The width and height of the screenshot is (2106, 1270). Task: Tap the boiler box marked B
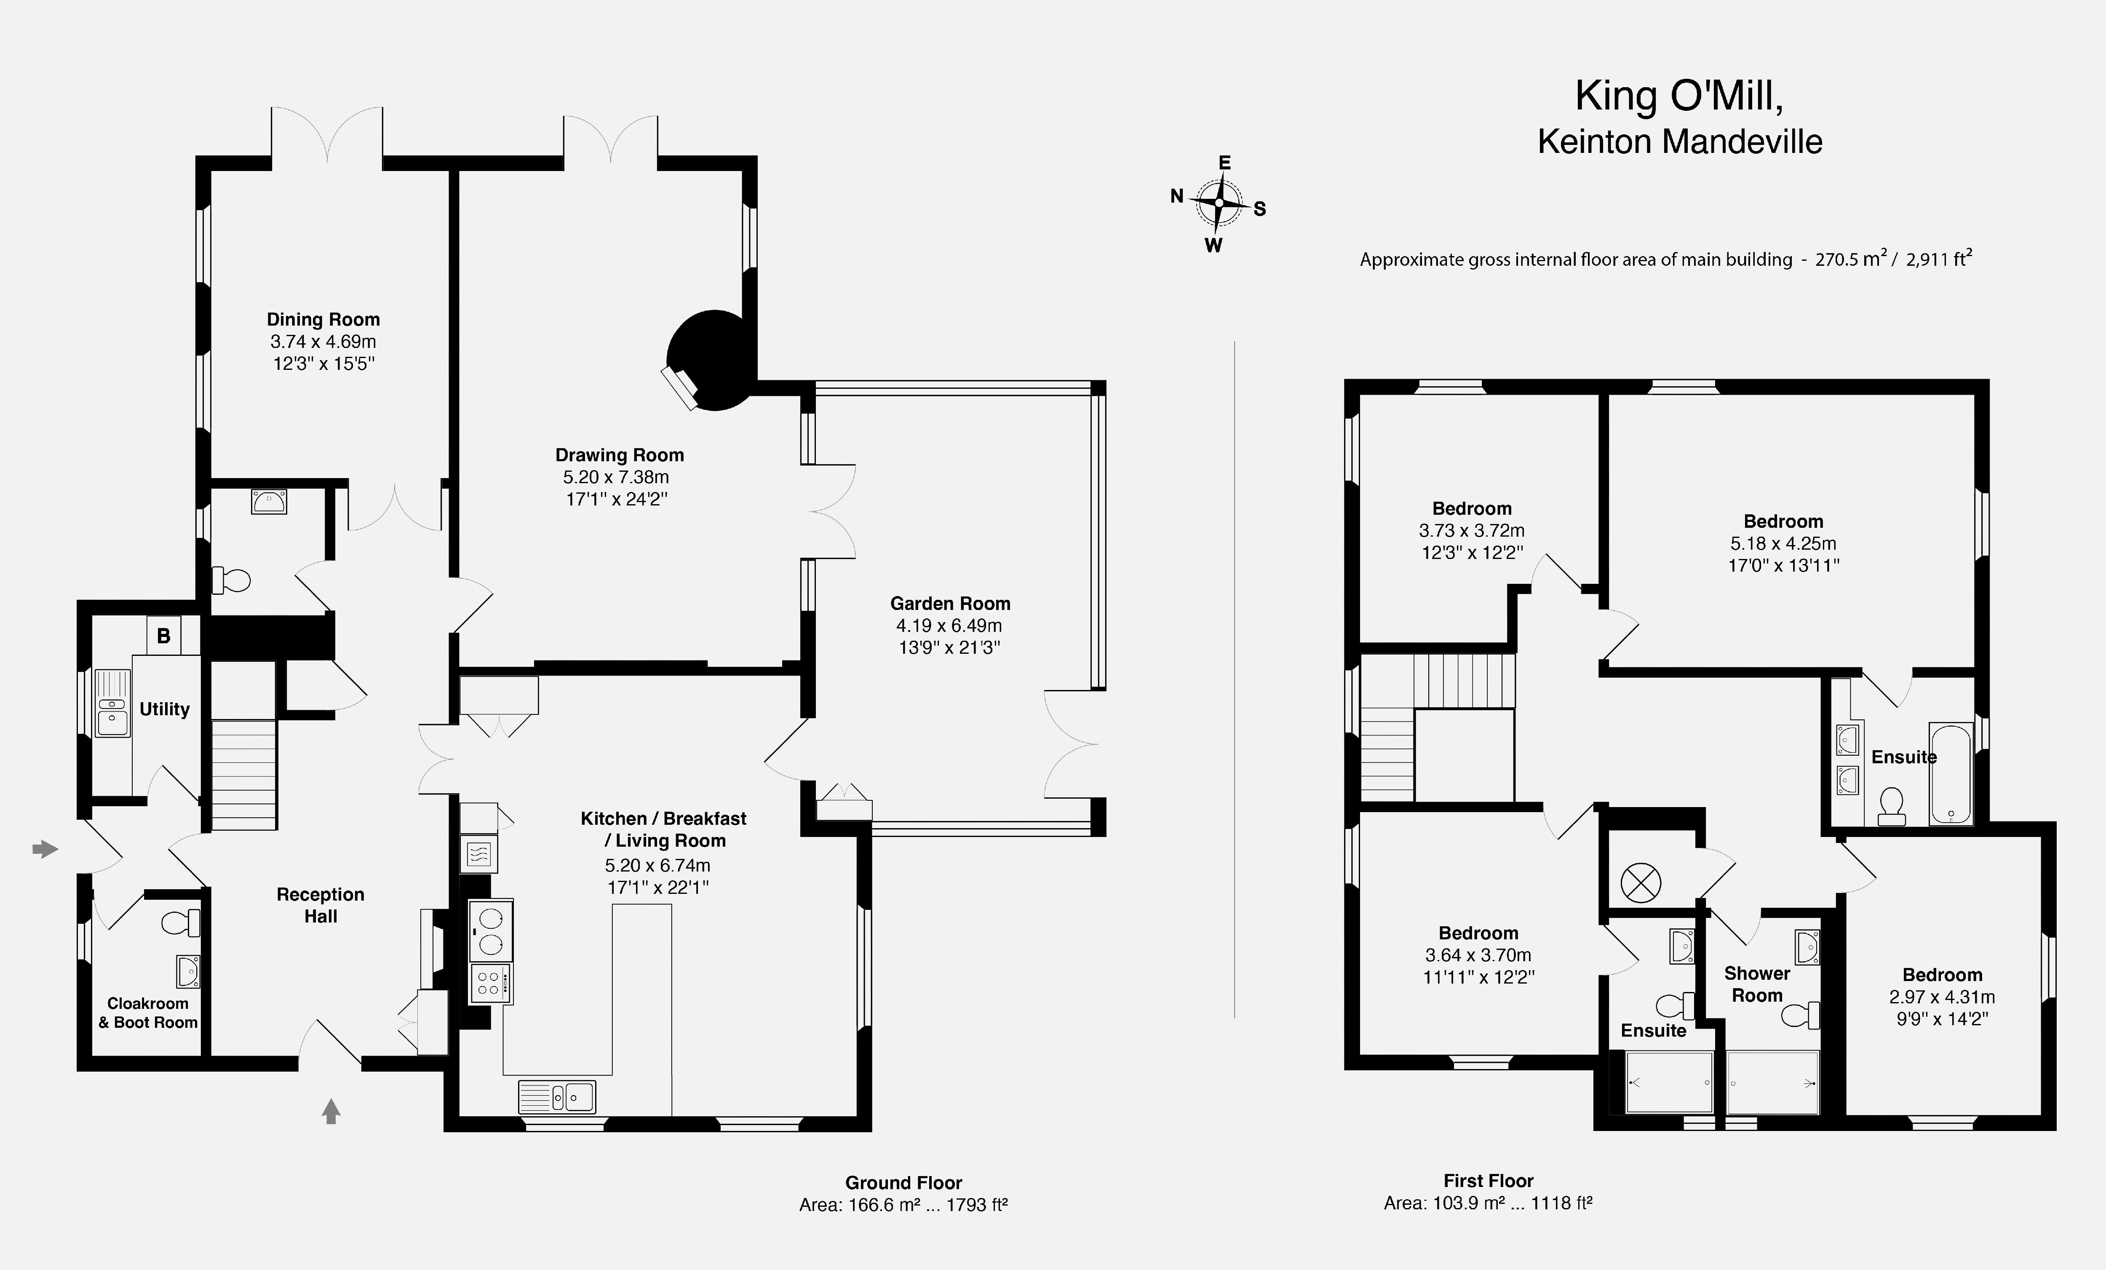point(163,635)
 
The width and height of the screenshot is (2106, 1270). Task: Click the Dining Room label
point(323,320)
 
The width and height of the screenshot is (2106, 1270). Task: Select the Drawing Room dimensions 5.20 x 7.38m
point(616,477)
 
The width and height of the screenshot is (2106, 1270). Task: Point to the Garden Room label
point(949,603)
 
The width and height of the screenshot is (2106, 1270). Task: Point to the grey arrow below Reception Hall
point(331,1111)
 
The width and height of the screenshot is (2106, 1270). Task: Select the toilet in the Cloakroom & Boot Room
point(180,923)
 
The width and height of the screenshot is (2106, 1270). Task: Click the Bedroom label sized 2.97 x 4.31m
point(1942,975)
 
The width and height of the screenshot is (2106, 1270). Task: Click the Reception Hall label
point(321,905)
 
